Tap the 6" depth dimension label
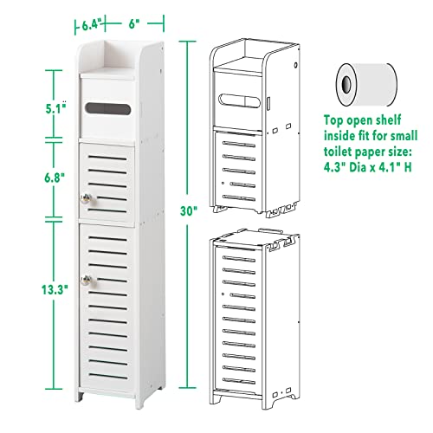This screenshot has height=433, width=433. click(132, 24)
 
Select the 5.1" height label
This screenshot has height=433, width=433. click(55, 108)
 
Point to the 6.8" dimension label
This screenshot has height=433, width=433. click(55, 178)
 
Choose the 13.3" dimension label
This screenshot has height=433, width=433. click(55, 289)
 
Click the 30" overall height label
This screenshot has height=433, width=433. click(189, 210)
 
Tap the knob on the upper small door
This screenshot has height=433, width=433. click(86, 198)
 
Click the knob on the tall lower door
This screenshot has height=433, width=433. click(87, 280)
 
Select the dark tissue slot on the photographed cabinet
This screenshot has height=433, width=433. click(107, 108)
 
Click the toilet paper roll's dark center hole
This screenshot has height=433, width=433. click(346, 84)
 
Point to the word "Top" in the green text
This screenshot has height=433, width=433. click(333, 120)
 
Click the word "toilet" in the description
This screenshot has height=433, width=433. click(337, 152)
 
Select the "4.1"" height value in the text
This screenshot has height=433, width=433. click(391, 167)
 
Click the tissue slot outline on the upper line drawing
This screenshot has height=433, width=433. click(239, 100)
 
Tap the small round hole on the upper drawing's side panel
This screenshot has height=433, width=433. click(295, 65)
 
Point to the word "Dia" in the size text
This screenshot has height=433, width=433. click(358, 167)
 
